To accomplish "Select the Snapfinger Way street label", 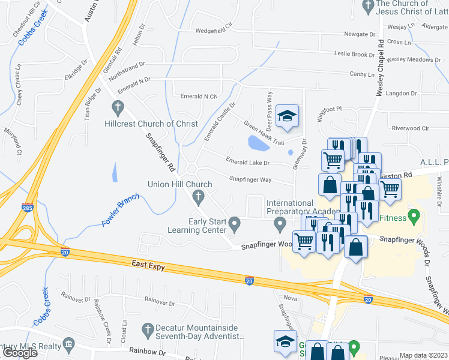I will tap(250, 179).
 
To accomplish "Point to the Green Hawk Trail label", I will tap(264, 133).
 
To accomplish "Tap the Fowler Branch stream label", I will tap(120, 210).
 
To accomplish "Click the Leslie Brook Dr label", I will tap(354, 55).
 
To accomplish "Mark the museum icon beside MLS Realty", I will tap(68, 344).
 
